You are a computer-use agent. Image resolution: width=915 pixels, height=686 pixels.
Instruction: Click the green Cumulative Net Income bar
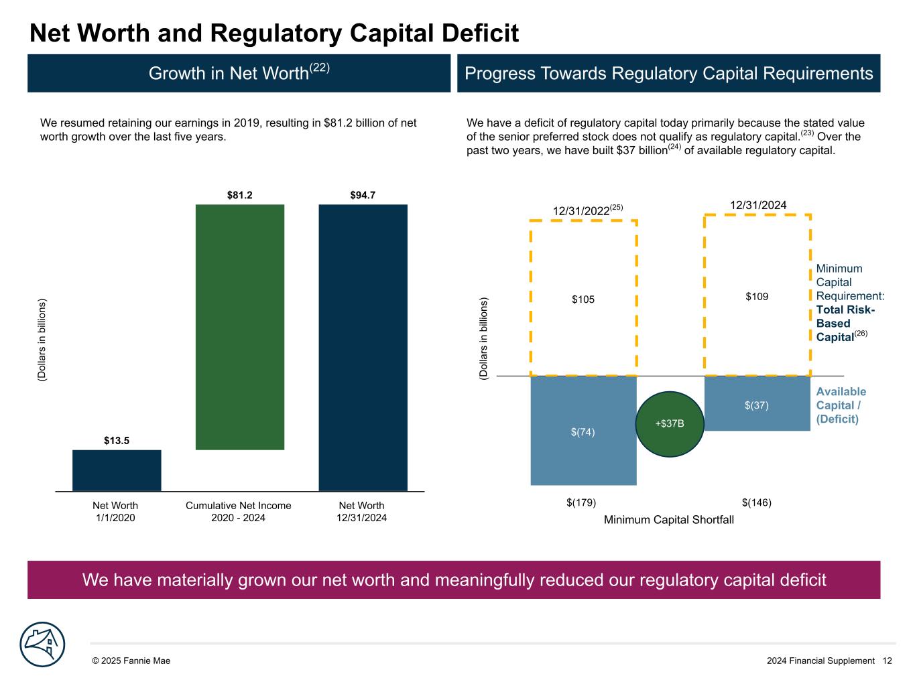click(240, 327)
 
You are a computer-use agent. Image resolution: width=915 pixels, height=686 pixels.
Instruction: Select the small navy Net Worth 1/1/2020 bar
click(117, 470)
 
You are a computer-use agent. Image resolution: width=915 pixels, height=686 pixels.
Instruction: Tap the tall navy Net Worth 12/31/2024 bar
click(363, 348)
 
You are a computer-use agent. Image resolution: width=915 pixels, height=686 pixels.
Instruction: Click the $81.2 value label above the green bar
click(240, 196)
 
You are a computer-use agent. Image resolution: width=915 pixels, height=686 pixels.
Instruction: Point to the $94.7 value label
click(363, 196)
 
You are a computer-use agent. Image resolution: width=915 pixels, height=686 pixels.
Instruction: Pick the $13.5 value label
click(117, 440)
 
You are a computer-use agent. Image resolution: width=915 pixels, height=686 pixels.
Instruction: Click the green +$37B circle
click(670, 424)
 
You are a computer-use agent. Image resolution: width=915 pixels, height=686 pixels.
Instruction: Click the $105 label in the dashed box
click(583, 299)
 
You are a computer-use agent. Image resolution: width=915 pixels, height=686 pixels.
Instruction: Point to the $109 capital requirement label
click(757, 295)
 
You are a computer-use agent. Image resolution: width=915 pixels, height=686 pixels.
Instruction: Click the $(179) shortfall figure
click(581, 502)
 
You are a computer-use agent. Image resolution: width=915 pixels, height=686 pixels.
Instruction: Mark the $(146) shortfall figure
click(757, 502)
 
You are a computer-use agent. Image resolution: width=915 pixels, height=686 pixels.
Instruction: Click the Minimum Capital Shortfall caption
click(669, 520)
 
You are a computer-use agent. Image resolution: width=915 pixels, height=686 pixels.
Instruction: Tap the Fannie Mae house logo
click(43, 644)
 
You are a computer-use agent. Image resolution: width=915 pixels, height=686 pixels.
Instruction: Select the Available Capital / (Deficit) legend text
click(841, 405)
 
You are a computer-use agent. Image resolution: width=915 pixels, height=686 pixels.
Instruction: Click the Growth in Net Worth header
click(239, 73)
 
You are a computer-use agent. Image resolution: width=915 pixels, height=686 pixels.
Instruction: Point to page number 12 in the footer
click(887, 661)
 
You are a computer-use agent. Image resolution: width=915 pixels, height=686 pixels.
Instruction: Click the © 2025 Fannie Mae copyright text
click(131, 661)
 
